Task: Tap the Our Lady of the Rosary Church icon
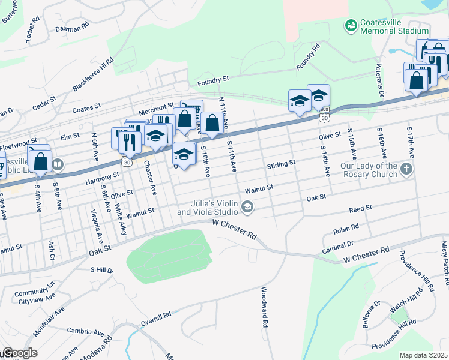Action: pos(406,169)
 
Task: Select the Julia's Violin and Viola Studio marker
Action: pos(247,208)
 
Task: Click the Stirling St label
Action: pos(281,163)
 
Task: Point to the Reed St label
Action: pos(361,208)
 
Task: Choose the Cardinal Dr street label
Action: pos(337,245)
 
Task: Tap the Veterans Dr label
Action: pos(380,78)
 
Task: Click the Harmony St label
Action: pos(99,178)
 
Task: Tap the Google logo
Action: pos(19,353)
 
